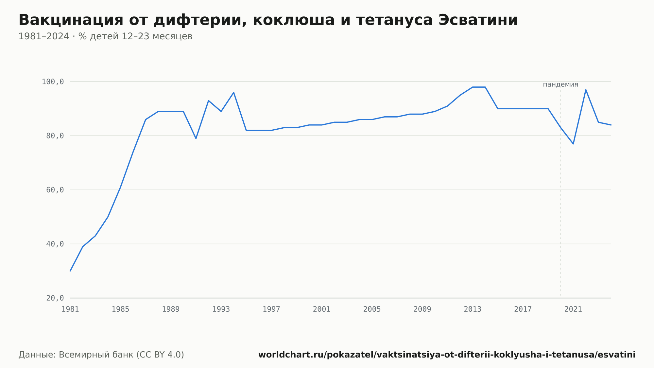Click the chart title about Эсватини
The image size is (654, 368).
tap(268, 20)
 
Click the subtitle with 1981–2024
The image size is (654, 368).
tap(105, 36)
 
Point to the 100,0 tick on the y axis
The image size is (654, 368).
tap(53, 82)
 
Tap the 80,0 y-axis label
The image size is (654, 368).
tap(55, 136)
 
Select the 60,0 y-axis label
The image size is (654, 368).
tap(55, 190)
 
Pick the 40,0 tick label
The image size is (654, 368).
tap(55, 244)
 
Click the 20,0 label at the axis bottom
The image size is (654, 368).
tap(55, 298)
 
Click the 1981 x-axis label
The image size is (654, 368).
tap(70, 309)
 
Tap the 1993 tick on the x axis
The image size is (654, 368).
tap(221, 309)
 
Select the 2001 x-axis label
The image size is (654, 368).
tap(322, 309)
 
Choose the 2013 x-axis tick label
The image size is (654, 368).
tap(473, 309)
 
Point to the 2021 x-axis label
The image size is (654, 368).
tap(573, 309)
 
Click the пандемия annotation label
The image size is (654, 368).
tap(560, 84)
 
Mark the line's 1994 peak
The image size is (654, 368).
tap(233, 92)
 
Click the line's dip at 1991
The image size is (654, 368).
tap(196, 138)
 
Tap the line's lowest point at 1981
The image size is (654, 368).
tap(70, 271)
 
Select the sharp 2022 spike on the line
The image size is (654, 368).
tap(586, 90)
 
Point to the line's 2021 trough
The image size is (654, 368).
tap(573, 144)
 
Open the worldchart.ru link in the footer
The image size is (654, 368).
tap(447, 355)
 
